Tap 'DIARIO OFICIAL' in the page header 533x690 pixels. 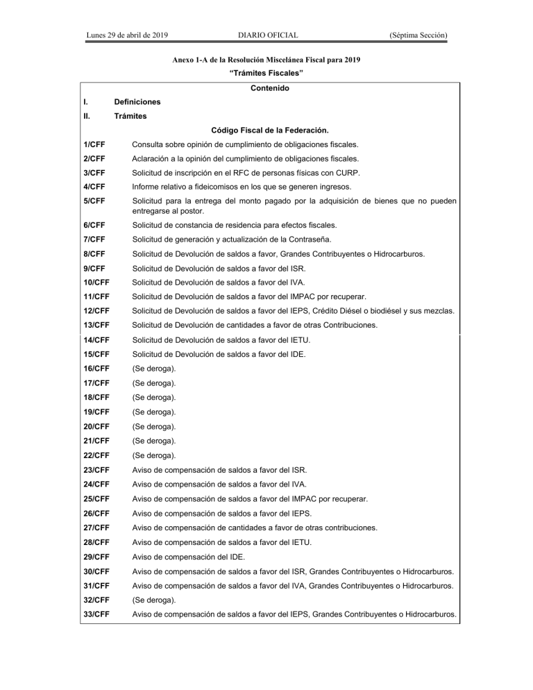coord(267,34)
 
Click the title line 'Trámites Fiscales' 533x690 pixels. coord(267,73)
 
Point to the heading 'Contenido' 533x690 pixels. coord(266,88)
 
